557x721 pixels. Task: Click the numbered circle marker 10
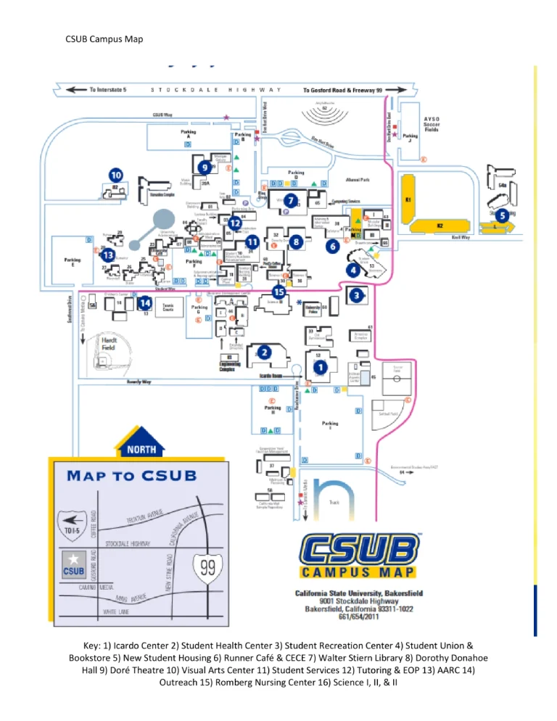click(115, 175)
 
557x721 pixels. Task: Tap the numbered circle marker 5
click(501, 215)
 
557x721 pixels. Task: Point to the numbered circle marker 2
click(265, 352)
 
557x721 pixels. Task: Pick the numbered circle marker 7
click(290, 199)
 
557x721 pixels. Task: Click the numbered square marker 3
click(357, 295)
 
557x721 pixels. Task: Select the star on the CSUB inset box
click(73, 559)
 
